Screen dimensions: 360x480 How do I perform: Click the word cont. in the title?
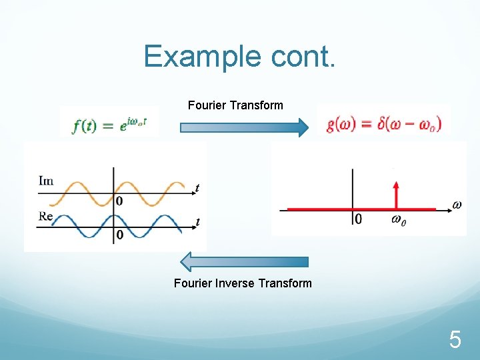coord(303,57)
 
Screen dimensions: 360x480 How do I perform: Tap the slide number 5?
coord(455,341)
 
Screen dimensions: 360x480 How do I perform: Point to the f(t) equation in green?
coord(109,125)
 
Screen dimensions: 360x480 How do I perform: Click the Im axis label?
coord(46,181)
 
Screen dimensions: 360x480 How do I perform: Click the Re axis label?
coord(46,216)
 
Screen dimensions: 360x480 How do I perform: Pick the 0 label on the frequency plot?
coord(359,219)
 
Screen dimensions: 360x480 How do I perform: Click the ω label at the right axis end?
coord(457,205)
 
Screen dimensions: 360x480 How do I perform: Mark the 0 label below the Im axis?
coord(119,201)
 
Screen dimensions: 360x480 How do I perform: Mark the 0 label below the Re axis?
coord(119,235)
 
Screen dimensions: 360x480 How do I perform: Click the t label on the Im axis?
coord(197,189)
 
